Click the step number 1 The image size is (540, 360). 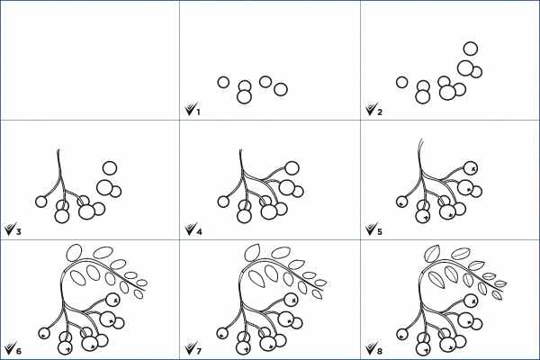[198, 112]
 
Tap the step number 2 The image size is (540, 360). [380, 112]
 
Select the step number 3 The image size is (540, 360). [18, 231]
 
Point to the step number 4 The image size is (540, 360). [199, 231]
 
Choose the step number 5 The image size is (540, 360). [380, 231]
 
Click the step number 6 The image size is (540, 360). [18, 351]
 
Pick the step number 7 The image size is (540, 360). [199, 351]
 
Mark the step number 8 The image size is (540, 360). [380, 351]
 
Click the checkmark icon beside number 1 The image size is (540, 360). [190, 109]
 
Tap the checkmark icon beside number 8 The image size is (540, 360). [371, 347]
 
